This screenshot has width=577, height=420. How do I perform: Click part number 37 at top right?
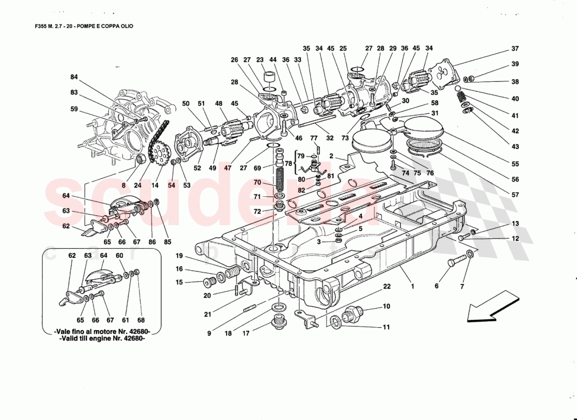tap(515, 49)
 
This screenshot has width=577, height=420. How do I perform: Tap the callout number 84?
tap(74, 77)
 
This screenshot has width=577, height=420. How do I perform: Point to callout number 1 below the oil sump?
tap(412, 287)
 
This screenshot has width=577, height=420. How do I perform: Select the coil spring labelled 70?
tap(279, 182)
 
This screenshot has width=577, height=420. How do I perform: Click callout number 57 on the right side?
tap(515, 195)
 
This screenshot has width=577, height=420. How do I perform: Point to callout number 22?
tap(387, 287)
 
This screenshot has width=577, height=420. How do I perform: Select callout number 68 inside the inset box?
tap(141, 320)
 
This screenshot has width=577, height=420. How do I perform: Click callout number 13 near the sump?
tap(515, 224)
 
